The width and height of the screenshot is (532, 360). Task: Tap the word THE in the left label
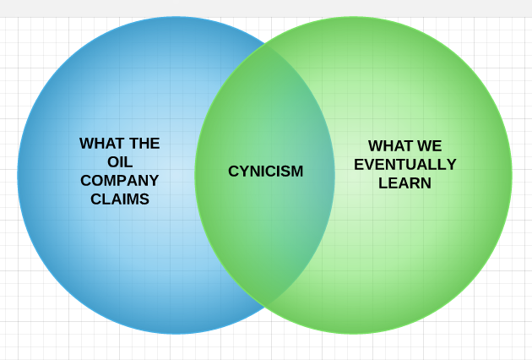(x=144, y=144)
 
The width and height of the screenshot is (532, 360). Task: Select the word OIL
(x=120, y=162)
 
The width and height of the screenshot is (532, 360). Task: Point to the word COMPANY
(x=120, y=181)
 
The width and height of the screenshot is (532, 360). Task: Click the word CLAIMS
(x=120, y=199)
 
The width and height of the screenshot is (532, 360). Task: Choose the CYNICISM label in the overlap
(x=265, y=172)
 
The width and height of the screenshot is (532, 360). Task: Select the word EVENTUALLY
(x=405, y=165)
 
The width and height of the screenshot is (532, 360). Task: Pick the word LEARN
(x=405, y=183)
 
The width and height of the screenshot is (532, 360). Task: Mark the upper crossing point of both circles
(x=265, y=44)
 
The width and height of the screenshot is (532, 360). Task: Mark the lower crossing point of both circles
(x=265, y=307)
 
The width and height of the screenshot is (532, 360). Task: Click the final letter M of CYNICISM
(x=296, y=172)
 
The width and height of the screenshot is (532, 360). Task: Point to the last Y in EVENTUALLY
(x=451, y=165)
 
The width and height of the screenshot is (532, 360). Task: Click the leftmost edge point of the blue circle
(x=18, y=176)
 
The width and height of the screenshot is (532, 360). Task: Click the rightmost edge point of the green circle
(x=512, y=176)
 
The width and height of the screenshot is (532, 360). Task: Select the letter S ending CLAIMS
(x=144, y=199)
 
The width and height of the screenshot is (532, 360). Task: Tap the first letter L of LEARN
(x=383, y=183)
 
